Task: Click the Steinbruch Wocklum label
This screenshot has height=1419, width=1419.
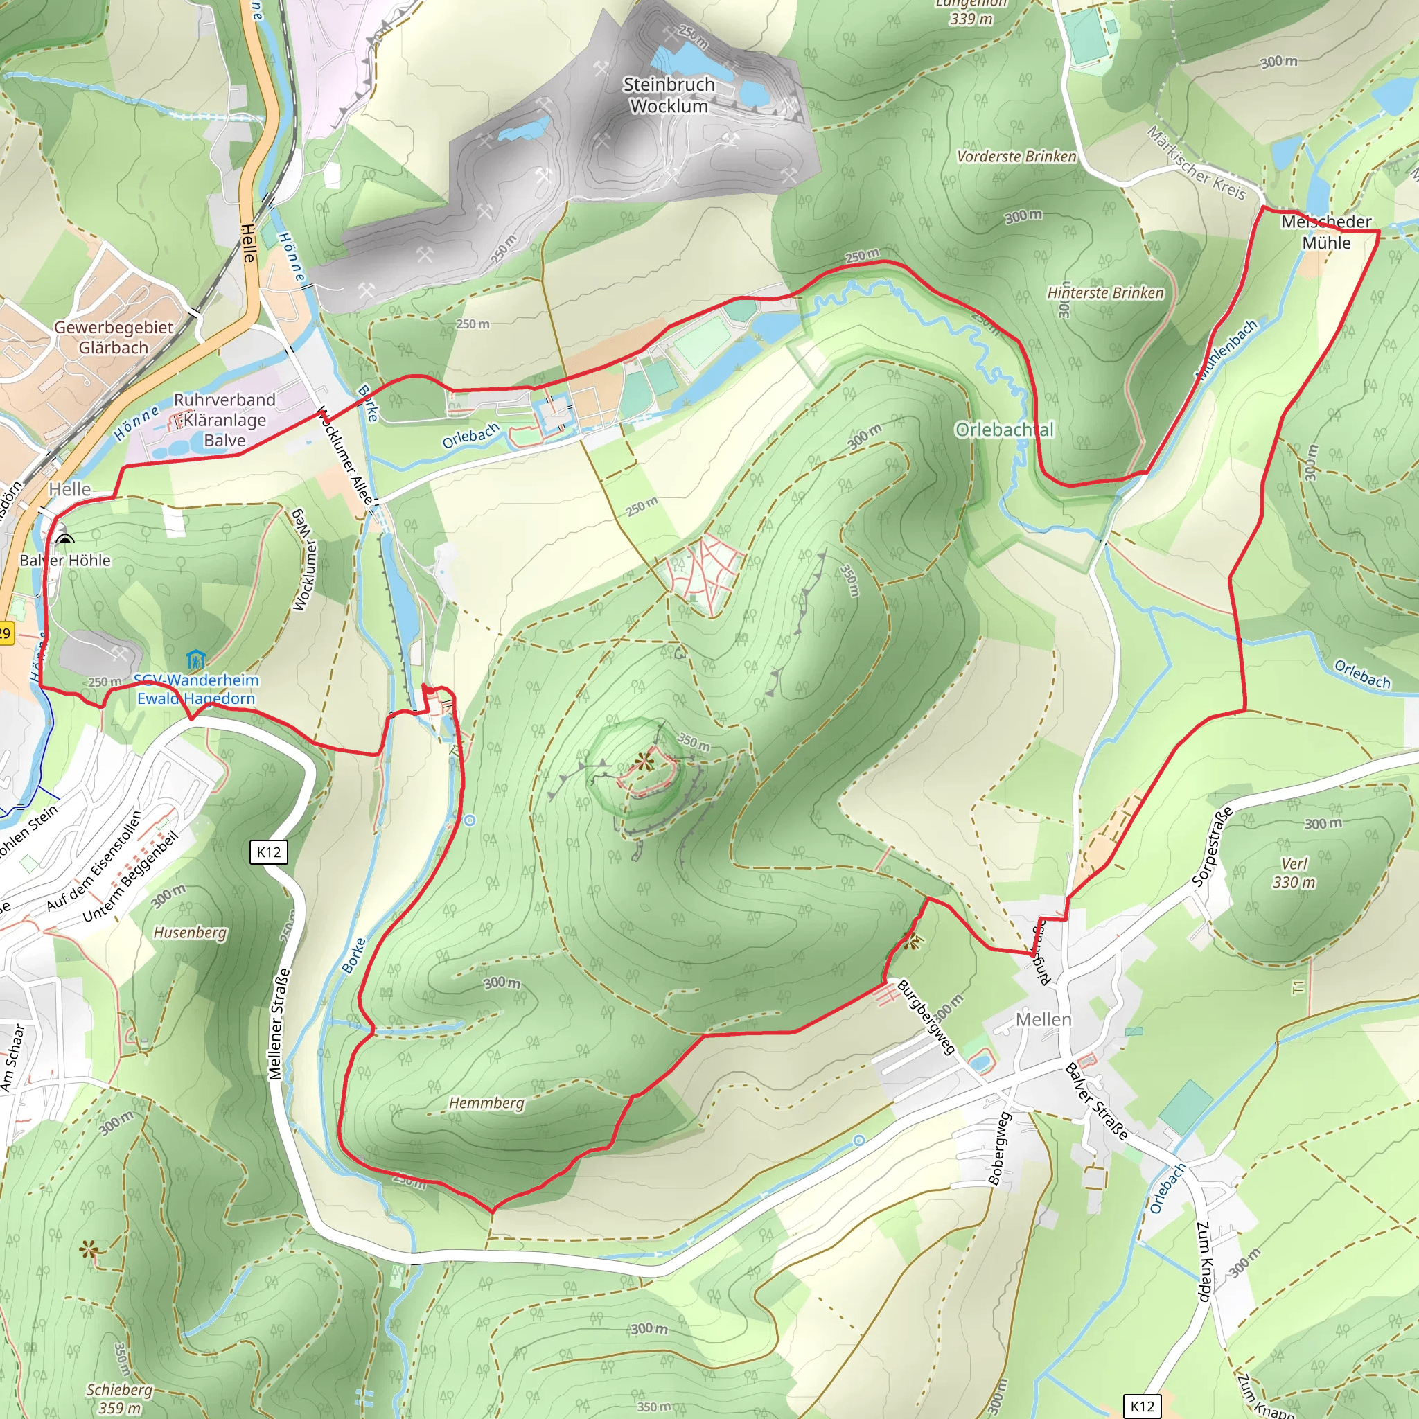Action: pyautogui.click(x=669, y=96)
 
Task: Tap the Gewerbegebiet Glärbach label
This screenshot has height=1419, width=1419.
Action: pyautogui.click(x=114, y=337)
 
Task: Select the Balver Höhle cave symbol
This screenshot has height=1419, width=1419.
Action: pyautogui.click(x=64, y=540)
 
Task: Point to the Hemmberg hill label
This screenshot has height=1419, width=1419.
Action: pyautogui.click(x=486, y=1103)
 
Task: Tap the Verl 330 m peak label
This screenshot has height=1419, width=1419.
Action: pyautogui.click(x=1294, y=872)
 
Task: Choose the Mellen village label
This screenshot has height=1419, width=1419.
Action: pyautogui.click(x=1043, y=1019)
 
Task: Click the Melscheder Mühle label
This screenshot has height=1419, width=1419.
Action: pyautogui.click(x=1325, y=232)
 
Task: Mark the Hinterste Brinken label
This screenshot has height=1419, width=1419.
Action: pyautogui.click(x=1104, y=293)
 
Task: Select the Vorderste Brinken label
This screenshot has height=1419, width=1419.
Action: pyautogui.click(x=1016, y=157)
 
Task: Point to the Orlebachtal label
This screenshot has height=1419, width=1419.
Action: pyautogui.click(x=1004, y=430)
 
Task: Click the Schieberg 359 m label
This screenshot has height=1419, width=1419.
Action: pyautogui.click(x=119, y=1398)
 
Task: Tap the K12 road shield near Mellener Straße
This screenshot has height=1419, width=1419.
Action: pyautogui.click(x=268, y=852)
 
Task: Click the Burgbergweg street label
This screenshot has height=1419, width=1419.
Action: pyautogui.click(x=926, y=1016)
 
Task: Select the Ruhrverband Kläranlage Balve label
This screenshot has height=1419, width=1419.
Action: pyautogui.click(x=224, y=420)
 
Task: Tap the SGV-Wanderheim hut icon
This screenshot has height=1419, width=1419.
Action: pyautogui.click(x=195, y=659)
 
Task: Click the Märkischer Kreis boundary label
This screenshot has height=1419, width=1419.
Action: pyautogui.click(x=1197, y=163)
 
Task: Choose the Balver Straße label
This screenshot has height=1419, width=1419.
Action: pyautogui.click(x=1096, y=1101)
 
